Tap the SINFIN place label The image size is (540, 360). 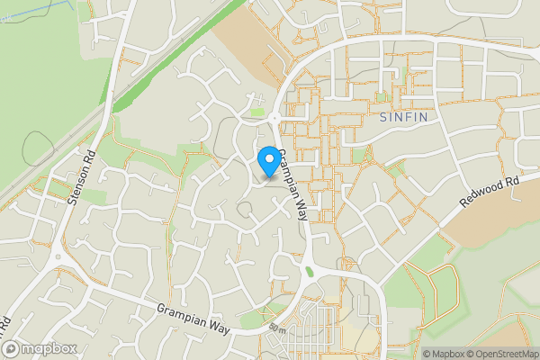tap(397, 117)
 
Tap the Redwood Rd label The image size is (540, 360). tap(490, 193)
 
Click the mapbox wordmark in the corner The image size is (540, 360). tap(45, 348)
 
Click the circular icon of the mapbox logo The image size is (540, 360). tap(11, 348)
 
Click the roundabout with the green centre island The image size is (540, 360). tap(310, 271)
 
